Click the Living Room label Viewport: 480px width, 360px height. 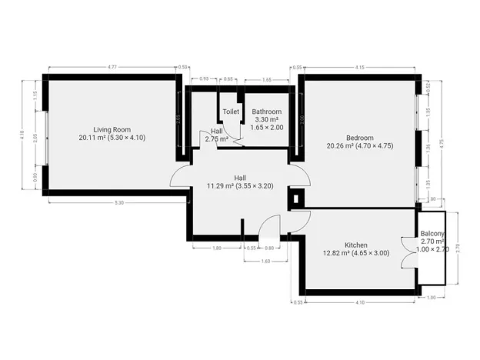[112, 129]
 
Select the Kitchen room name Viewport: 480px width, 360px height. [355, 245]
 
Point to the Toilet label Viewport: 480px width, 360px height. [231, 112]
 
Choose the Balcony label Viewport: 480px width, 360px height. [432, 234]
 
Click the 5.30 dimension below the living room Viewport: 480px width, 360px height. [119, 202]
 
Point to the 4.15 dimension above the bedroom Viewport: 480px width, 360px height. [359, 68]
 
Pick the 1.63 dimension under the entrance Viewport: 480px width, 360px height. [265, 262]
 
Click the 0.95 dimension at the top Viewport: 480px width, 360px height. [204, 79]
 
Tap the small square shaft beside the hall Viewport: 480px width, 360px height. [298, 198]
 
